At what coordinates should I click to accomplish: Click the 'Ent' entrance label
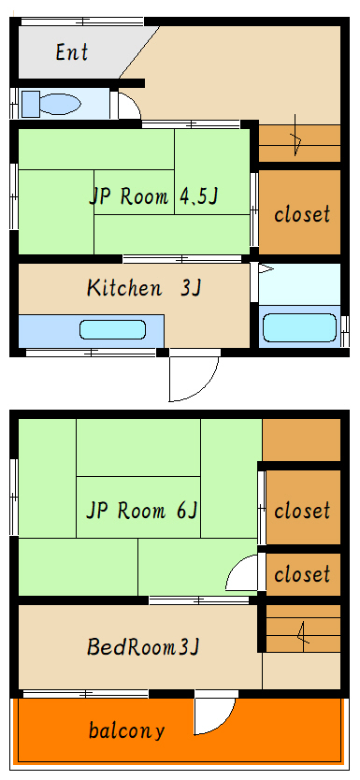(x=71, y=52)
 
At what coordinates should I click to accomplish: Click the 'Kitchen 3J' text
(x=144, y=288)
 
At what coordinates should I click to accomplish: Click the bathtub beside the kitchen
(x=299, y=327)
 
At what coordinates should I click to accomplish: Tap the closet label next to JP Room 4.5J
(x=301, y=214)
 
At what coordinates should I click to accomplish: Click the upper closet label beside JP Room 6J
(x=301, y=511)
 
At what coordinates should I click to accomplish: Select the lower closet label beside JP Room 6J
(x=301, y=573)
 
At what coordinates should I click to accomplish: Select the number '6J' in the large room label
(x=186, y=511)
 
